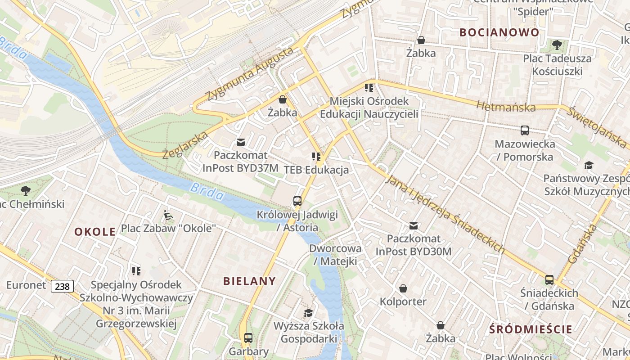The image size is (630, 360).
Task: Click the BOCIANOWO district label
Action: (x=499, y=32)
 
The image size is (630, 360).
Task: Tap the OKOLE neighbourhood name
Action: (x=95, y=232)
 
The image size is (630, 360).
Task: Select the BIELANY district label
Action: (x=249, y=281)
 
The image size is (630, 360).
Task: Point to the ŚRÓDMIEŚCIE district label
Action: (x=531, y=329)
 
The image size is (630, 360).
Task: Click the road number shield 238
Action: (x=62, y=286)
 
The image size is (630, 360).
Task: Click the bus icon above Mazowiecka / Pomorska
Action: (x=525, y=130)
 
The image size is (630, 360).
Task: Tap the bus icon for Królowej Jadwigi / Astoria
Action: (x=297, y=201)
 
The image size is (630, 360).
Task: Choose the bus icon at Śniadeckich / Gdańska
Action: (x=549, y=279)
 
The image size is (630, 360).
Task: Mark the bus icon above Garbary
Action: (x=248, y=337)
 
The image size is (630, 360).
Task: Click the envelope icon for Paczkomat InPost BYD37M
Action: (x=241, y=142)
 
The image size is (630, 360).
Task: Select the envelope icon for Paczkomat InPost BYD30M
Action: (x=413, y=225)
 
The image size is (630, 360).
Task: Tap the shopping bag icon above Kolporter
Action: (x=403, y=288)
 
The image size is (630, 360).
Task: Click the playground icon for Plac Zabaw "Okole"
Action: (x=168, y=215)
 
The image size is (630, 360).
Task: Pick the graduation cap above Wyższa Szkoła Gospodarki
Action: (x=308, y=313)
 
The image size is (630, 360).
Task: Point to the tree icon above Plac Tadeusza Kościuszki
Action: (x=557, y=45)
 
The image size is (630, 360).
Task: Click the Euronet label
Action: (x=26, y=285)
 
